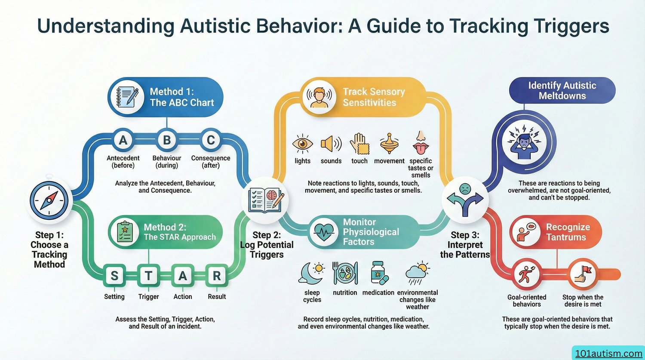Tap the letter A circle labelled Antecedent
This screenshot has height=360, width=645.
123,140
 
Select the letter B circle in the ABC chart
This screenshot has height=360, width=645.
167,140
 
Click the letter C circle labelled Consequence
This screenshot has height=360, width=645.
211,140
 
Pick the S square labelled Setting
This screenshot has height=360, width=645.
114,276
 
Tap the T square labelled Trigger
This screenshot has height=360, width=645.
149,276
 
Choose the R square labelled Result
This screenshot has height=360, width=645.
217,276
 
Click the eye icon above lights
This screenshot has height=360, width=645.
302,144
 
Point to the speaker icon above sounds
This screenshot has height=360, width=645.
331,144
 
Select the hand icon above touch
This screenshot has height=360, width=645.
359,144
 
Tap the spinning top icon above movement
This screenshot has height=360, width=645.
389,144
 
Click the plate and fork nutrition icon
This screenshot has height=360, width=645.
345,273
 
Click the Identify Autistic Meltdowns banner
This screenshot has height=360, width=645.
562,90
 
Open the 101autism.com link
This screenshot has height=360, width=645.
609,354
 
